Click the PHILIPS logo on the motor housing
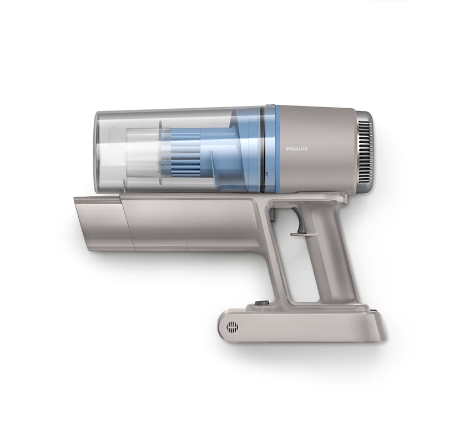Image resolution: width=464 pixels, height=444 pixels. coord(296,149)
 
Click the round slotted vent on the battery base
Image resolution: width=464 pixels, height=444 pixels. coord(232,327)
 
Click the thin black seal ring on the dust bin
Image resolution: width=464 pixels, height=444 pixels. coord(262,149)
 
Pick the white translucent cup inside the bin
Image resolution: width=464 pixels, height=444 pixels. coord(144,153)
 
